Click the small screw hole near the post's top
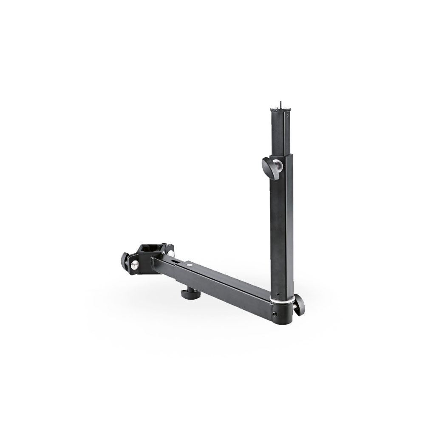coord(290,115)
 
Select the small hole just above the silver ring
coord(279,294)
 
